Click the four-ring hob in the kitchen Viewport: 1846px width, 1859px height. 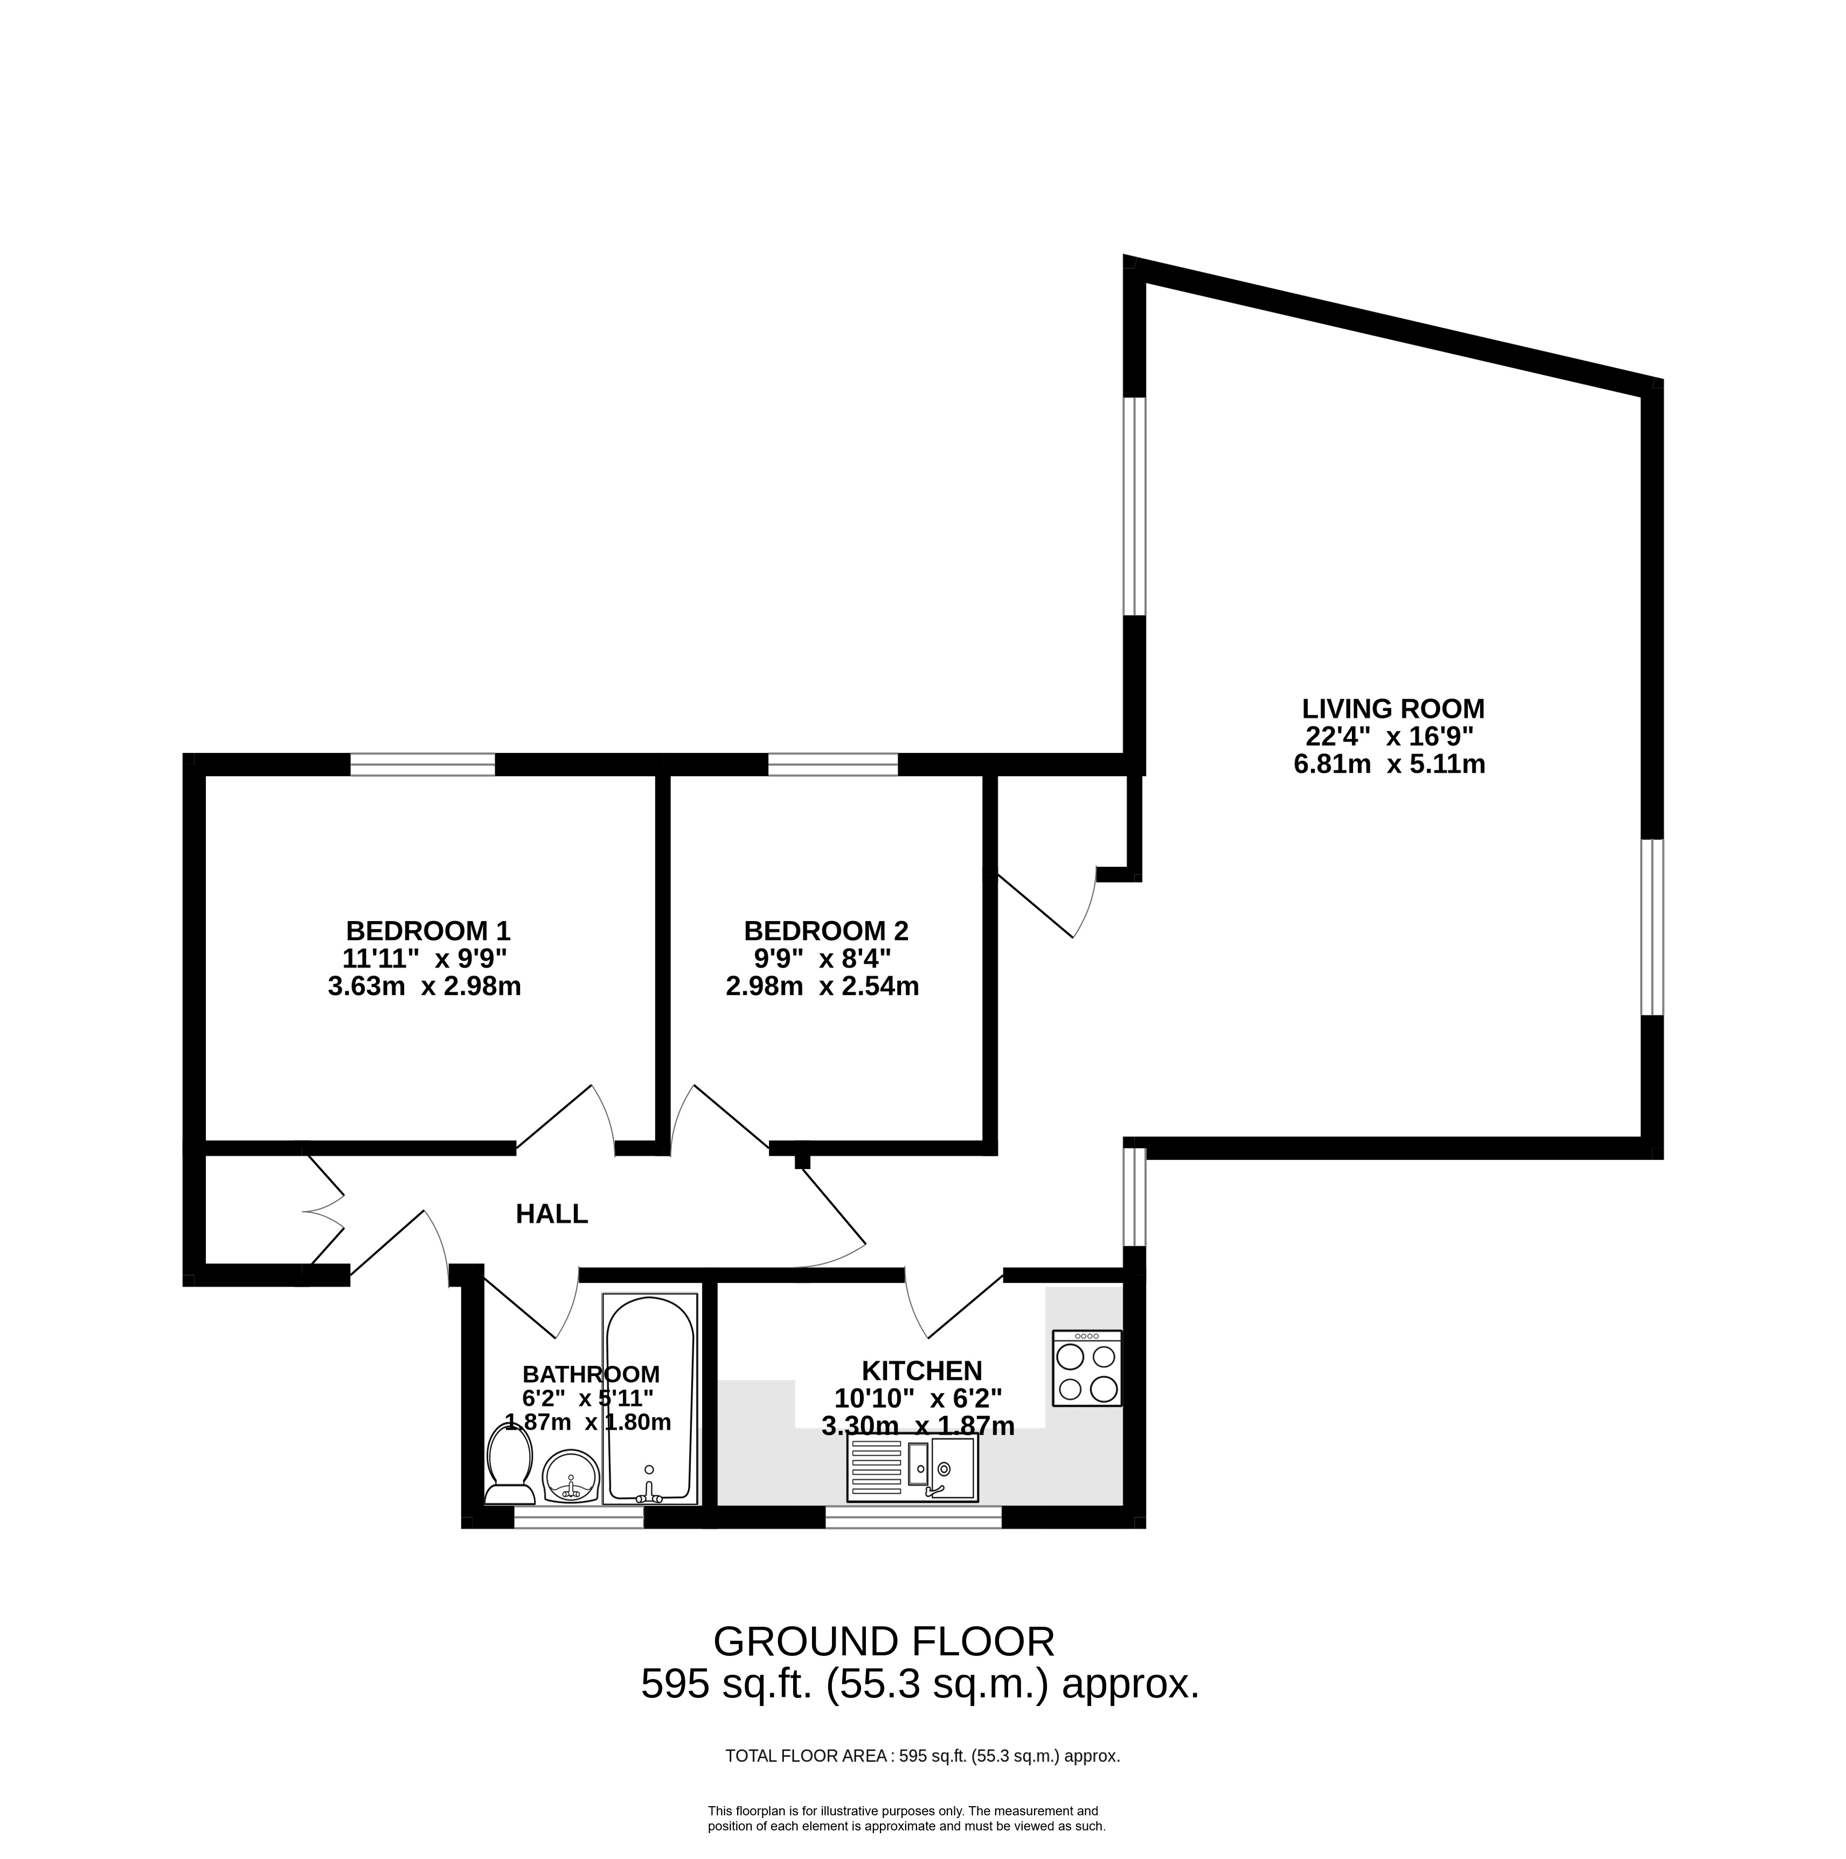pos(1087,1369)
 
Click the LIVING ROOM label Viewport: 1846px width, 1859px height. pos(1393,709)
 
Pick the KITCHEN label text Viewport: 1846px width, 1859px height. pos(921,1370)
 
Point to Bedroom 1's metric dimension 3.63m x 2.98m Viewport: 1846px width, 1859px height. pos(424,986)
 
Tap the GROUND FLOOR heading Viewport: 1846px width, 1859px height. pos(884,1642)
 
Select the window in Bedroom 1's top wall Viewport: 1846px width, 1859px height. pos(422,765)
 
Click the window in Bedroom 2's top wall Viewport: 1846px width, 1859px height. pos(832,765)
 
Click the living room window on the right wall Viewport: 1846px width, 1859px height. pos(1651,927)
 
